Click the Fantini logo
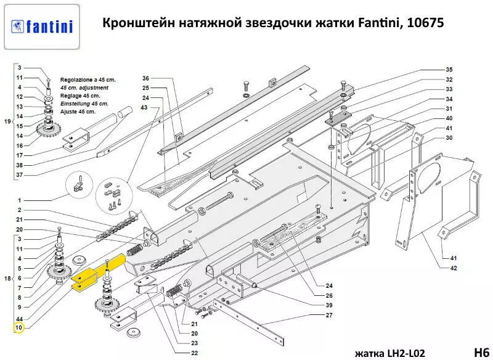click(42, 27)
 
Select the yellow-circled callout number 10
click(18, 327)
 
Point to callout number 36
click(145, 78)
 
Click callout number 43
click(145, 108)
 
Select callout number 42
click(454, 268)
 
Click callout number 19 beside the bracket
click(7, 121)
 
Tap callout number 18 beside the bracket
click(7, 279)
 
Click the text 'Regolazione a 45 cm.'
click(88, 80)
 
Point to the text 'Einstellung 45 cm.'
click(84, 104)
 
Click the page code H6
click(479, 352)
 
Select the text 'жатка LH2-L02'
click(389, 353)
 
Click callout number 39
click(329, 306)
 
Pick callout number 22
click(195, 353)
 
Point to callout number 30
click(449, 137)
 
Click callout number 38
click(19, 165)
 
